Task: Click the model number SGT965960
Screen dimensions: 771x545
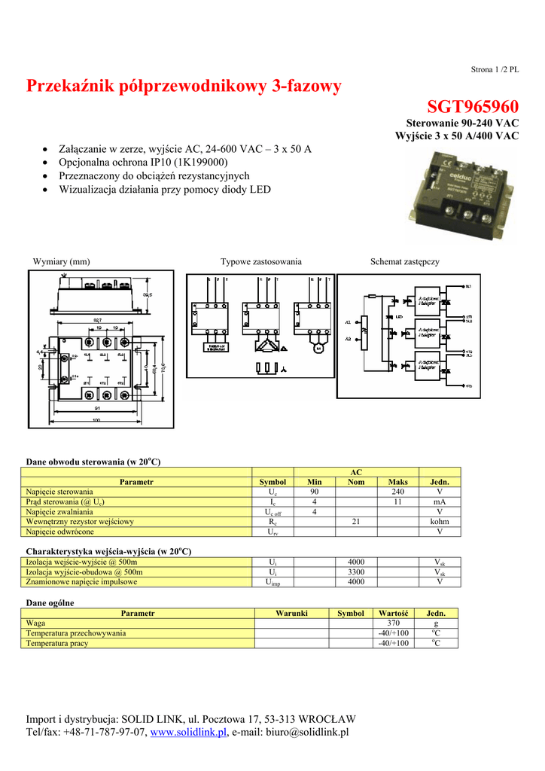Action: [x=473, y=107]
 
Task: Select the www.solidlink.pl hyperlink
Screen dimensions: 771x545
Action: [x=189, y=733]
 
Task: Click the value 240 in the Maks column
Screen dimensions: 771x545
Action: [x=398, y=492]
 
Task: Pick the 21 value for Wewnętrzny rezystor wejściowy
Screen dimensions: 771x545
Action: [x=356, y=521]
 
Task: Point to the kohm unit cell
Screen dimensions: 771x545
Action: [x=440, y=521]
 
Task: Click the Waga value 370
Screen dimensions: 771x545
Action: [x=393, y=623]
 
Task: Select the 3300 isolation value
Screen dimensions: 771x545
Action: [x=356, y=572]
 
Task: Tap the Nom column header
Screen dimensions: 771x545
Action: [x=356, y=482]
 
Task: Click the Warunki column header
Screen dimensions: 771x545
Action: [x=291, y=614]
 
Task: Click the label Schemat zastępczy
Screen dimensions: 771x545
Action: [x=404, y=261]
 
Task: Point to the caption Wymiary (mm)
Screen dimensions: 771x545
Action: [x=61, y=261]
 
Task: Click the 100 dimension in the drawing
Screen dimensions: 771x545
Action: [x=96, y=420]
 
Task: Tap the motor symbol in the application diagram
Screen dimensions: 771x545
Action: [x=317, y=349]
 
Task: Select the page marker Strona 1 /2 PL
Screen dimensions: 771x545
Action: [x=495, y=69]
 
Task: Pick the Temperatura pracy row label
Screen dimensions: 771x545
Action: [x=57, y=643]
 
